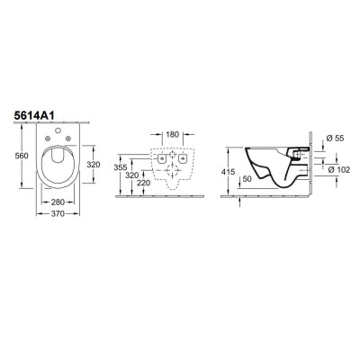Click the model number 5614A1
(x=34, y=116)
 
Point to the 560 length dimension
(x=22, y=156)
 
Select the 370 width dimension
(x=58, y=214)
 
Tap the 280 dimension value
(x=58, y=202)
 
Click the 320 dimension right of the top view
(x=94, y=165)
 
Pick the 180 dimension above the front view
(x=172, y=134)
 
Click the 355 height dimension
(x=121, y=167)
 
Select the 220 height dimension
(x=143, y=183)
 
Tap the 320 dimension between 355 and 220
(x=132, y=175)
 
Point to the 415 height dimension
(x=228, y=172)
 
